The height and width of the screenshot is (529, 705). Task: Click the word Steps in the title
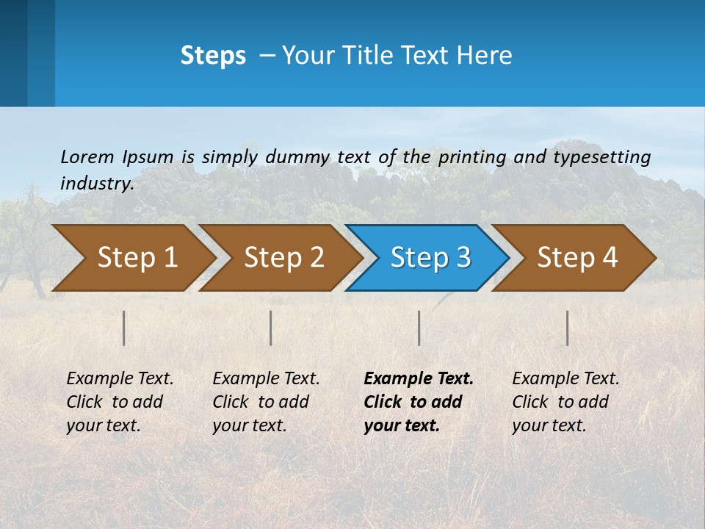point(213,56)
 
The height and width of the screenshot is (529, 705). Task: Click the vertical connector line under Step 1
point(124,328)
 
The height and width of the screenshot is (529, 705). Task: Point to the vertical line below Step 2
point(271,328)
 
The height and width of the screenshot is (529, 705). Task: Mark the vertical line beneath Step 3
point(419,328)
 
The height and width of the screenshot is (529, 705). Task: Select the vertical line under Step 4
point(568,328)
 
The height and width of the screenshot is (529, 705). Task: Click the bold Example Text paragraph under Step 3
point(419,402)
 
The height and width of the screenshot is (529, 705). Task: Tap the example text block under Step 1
point(120,402)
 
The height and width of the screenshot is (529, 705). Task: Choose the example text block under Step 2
point(267,402)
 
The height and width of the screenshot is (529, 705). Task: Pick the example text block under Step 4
point(565,402)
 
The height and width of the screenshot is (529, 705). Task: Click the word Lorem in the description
point(87,156)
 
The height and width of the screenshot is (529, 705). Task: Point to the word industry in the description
point(97,184)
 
